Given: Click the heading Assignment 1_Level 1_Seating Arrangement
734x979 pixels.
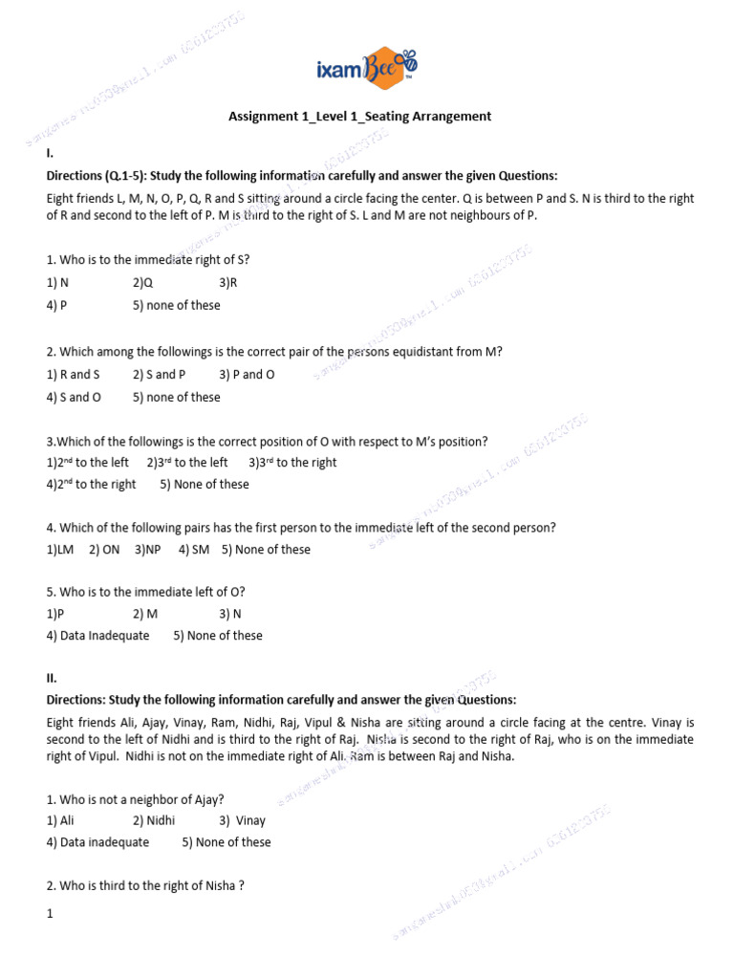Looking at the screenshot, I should coord(359,117).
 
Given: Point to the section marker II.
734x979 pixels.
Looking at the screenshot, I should coord(52,677).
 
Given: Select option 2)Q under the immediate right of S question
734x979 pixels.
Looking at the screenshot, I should coord(143,283).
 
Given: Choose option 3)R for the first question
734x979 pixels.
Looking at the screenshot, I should coord(227,283).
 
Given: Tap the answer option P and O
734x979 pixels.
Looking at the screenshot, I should coord(247,375).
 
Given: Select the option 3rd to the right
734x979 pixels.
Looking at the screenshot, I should coord(292,463).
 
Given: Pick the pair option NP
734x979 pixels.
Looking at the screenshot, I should coord(148,550).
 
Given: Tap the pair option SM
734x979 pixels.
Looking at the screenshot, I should coord(194,550).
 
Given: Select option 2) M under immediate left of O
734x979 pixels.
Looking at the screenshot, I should coord(145,614).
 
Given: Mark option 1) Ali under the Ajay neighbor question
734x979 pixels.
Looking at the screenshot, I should coord(60,820).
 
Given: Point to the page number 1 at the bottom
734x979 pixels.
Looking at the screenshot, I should coord(50,914).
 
